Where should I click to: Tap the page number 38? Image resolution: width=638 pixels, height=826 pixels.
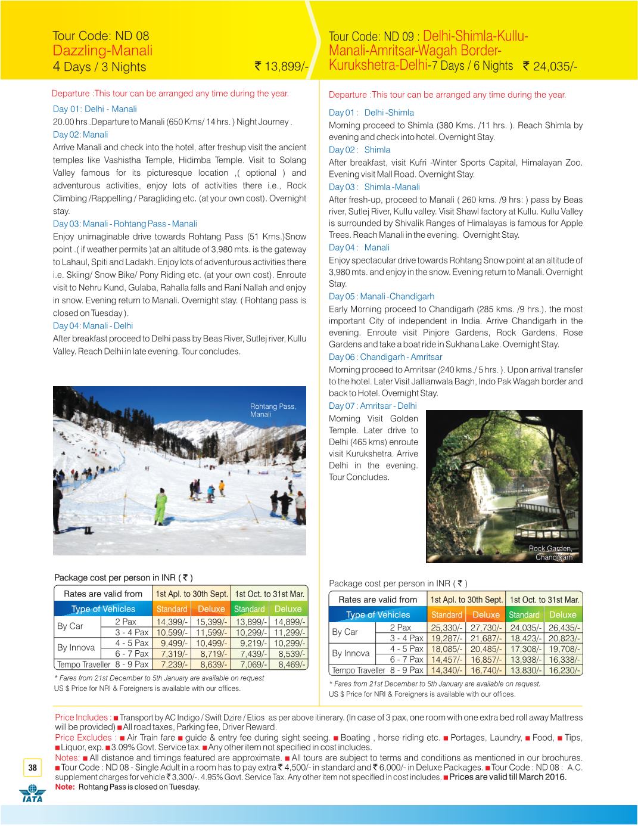click(32, 768)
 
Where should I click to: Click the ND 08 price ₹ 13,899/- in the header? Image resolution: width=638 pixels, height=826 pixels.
click(281, 66)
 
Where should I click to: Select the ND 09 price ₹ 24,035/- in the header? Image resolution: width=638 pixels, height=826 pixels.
click(550, 66)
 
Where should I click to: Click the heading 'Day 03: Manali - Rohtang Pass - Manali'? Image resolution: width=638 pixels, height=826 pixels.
click(125, 224)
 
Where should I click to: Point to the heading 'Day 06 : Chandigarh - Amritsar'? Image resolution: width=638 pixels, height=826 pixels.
click(385, 357)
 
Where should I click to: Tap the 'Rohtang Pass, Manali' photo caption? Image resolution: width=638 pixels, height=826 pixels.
click(272, 410)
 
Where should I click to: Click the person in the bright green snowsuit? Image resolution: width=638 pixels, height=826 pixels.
click(160, 506)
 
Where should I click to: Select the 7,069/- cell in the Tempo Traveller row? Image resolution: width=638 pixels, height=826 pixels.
click(251, 664)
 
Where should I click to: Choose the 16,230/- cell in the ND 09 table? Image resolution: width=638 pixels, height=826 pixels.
click(562, 670)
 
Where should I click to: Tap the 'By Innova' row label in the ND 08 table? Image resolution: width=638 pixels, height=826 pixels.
click(76, 648)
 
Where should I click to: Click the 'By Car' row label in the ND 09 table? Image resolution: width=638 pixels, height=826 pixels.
click(345, 632)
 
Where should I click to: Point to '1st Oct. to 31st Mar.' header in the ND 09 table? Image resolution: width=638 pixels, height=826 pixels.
click(544, 600)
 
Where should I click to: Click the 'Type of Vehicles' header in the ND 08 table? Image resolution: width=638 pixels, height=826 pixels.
click(103, 609)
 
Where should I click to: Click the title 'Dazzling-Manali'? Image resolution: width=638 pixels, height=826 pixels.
click(102, 51)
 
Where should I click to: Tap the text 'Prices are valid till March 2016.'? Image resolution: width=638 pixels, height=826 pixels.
click(508, 777)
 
